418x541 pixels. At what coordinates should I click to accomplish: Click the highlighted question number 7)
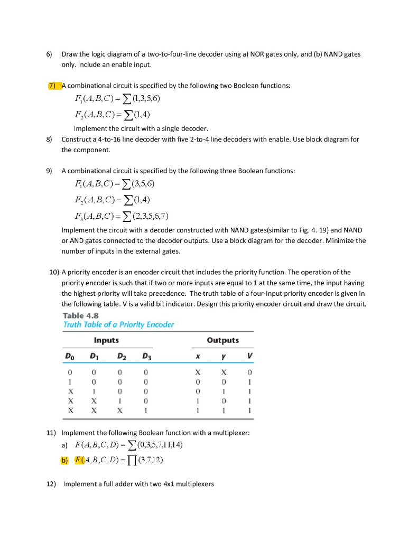[x=55, y=86]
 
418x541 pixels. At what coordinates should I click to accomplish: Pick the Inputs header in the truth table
[x=106, y=340]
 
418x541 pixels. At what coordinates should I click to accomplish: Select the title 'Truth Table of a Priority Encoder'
[x=118, y=324]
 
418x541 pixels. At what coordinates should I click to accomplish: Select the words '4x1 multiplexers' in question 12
[x=188, y=483]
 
